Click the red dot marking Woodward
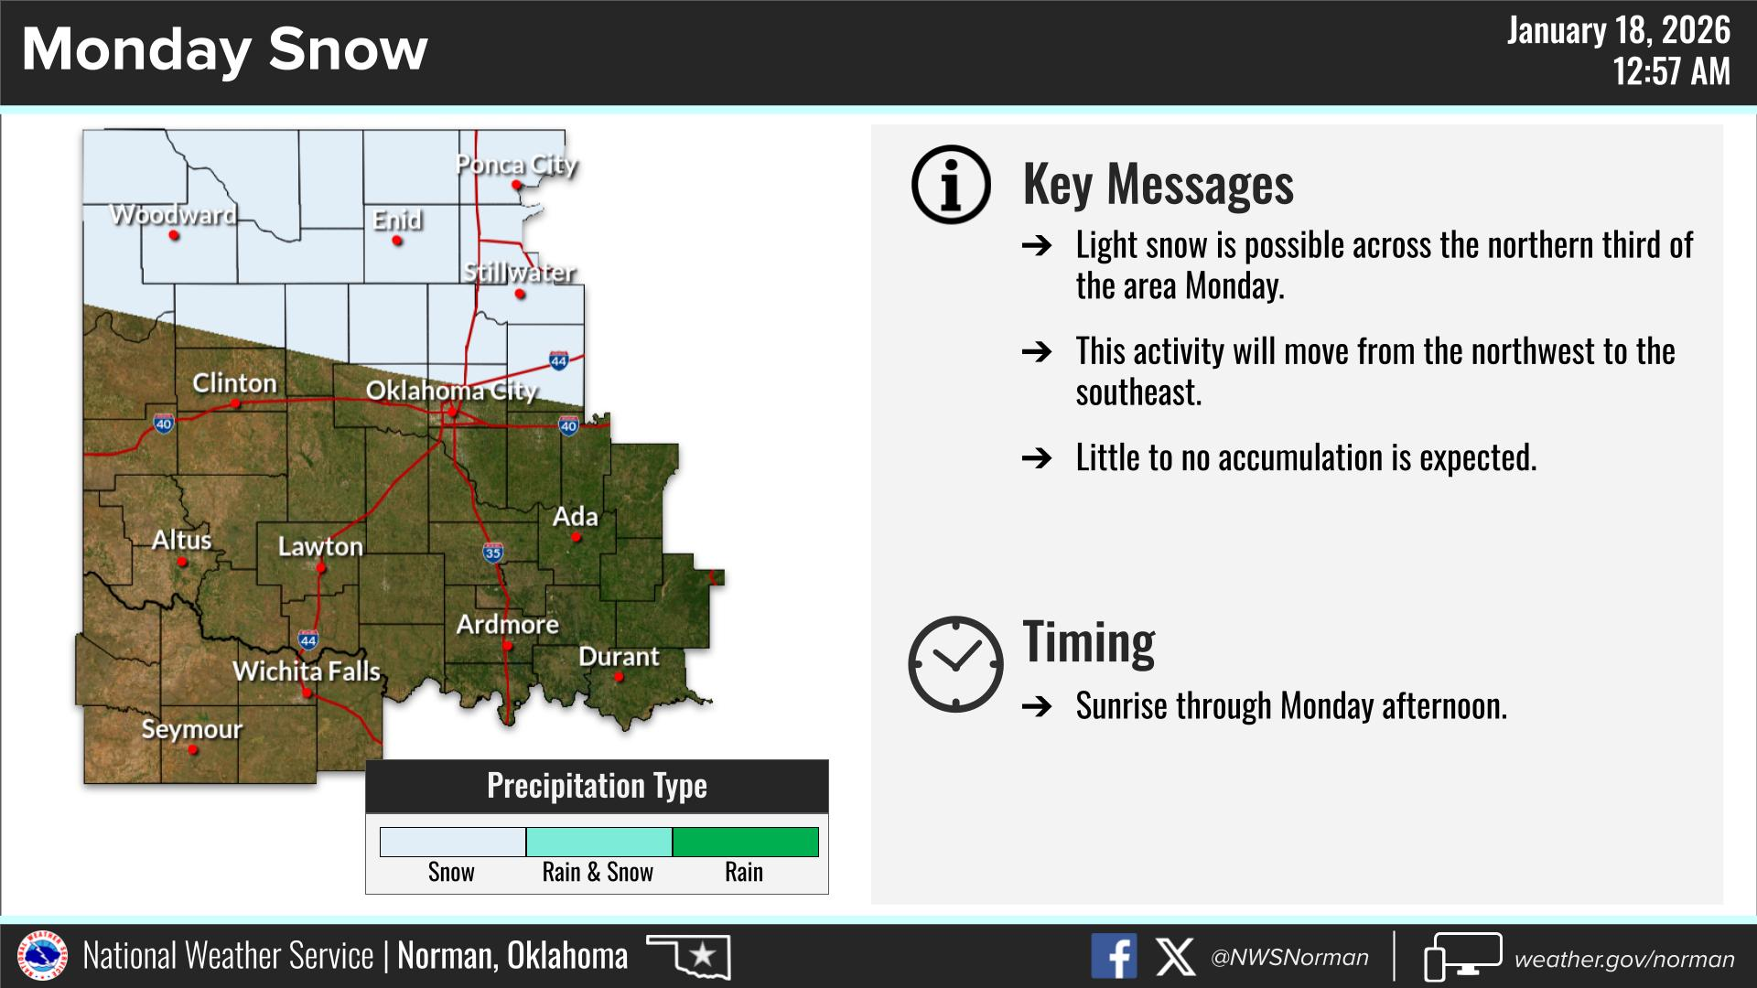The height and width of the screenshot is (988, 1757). click(174, 236)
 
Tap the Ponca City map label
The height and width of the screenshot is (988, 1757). click(517, 165)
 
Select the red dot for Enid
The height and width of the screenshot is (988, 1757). click(397, 241)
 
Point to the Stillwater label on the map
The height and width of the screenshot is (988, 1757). click(519, 273)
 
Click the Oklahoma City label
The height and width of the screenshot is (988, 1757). click(451, 391)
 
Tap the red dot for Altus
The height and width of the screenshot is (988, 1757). click(182, 562)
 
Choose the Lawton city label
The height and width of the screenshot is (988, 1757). click(320, 546)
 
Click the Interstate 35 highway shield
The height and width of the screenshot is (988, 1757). click(493, 552)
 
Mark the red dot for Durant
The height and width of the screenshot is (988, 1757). click(619, 677)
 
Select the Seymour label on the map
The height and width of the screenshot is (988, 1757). click(192, 729)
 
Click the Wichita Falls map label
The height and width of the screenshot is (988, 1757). click(307, 671)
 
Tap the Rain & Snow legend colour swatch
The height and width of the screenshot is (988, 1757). click(599, 842)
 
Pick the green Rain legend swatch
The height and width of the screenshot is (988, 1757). click(746, 842)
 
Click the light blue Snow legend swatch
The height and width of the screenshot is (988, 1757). click(453, 842)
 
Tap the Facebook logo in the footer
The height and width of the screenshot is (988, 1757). click(1114, 957)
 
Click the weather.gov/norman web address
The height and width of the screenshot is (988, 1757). click(1624, 959)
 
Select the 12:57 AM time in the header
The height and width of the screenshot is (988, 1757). click(1671, 71)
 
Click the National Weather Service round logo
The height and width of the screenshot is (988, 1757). click(42, 956)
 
